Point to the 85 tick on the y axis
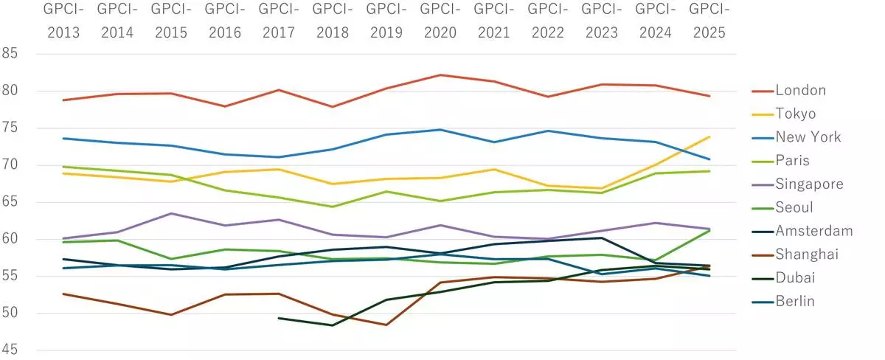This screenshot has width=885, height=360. [10, 54]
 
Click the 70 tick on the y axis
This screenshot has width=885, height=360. [10, 165]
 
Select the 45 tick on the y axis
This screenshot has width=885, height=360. [10, 350]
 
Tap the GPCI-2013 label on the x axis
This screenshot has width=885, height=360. [63, 21]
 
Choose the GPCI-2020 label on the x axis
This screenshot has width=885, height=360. [440, 21]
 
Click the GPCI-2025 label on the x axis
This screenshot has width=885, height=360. [709, 21]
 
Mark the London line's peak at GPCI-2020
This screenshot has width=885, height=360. [440, 75]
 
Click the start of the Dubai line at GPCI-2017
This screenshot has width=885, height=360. [278, 318]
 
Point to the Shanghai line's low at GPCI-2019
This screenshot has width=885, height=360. [386, 325]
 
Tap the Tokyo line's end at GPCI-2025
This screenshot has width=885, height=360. [709, 136]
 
